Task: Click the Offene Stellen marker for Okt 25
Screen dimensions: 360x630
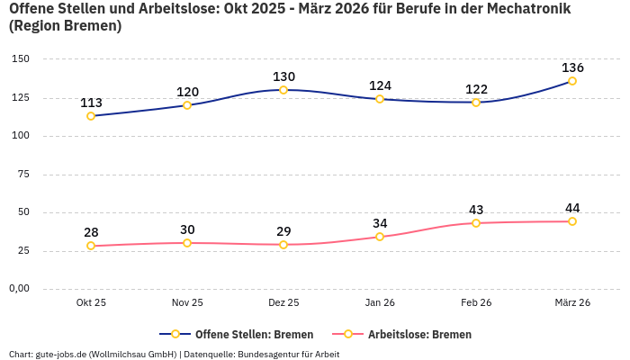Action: point(91,116)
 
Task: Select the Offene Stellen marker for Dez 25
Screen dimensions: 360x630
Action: point(283,90)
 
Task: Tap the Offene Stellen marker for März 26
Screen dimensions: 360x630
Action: point(572,81)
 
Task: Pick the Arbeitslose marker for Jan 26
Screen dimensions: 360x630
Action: point(380,237)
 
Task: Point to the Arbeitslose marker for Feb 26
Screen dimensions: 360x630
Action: point(476,223)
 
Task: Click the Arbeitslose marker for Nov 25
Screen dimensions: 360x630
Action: point(187,243)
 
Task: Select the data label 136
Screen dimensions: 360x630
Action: point(572,67)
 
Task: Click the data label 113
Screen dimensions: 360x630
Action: point(91,103)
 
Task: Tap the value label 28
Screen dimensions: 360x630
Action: point(91,232)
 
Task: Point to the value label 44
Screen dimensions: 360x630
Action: point(572,208)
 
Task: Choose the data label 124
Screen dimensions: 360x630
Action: point(380,85)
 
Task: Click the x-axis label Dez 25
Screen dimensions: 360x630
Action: point(283,303)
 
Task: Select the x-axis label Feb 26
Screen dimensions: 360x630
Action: point(476,303)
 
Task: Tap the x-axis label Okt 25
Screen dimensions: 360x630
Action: point(91,303)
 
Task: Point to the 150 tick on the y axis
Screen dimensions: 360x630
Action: point(20,59)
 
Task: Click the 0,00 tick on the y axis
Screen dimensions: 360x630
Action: point(19,289)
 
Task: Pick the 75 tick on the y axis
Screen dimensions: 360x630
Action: point(23,175)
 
